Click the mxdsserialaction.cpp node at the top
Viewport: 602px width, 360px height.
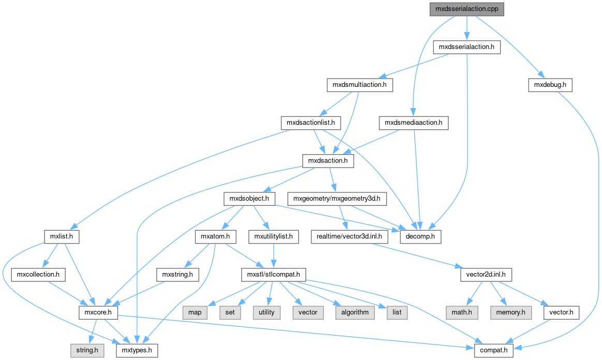tap(467, 9)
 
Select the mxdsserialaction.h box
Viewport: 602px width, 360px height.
tap(467, 47)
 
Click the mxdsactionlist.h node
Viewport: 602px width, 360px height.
tap(311, 123)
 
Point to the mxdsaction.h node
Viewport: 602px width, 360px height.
tap(328, 161)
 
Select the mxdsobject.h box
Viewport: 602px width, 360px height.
tap(249, 199)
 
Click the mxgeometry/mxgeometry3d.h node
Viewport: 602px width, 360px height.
tap(337, 199)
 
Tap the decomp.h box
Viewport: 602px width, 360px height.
tap(420, 237)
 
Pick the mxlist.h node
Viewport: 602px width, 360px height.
tap(61, 237)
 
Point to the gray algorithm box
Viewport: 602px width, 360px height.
tap(355, 312)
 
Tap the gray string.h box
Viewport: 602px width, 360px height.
tap(88, 350)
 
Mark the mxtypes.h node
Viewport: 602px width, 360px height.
tap(136, 350)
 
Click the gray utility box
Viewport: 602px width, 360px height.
tap(267, 312)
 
